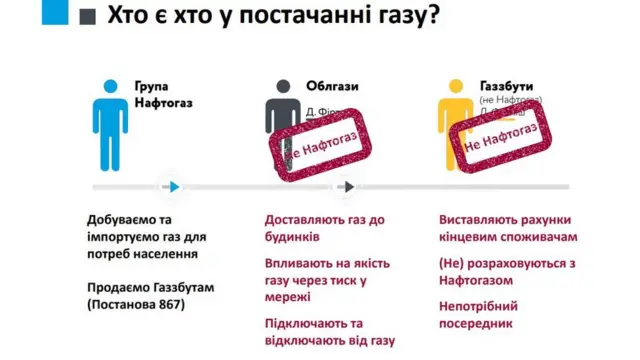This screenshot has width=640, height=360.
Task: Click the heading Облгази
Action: [334, 86]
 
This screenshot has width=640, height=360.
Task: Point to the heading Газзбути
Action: [509, 86]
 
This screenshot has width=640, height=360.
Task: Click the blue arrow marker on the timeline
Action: [173, 186]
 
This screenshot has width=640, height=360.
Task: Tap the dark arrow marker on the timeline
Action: [346, 186]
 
